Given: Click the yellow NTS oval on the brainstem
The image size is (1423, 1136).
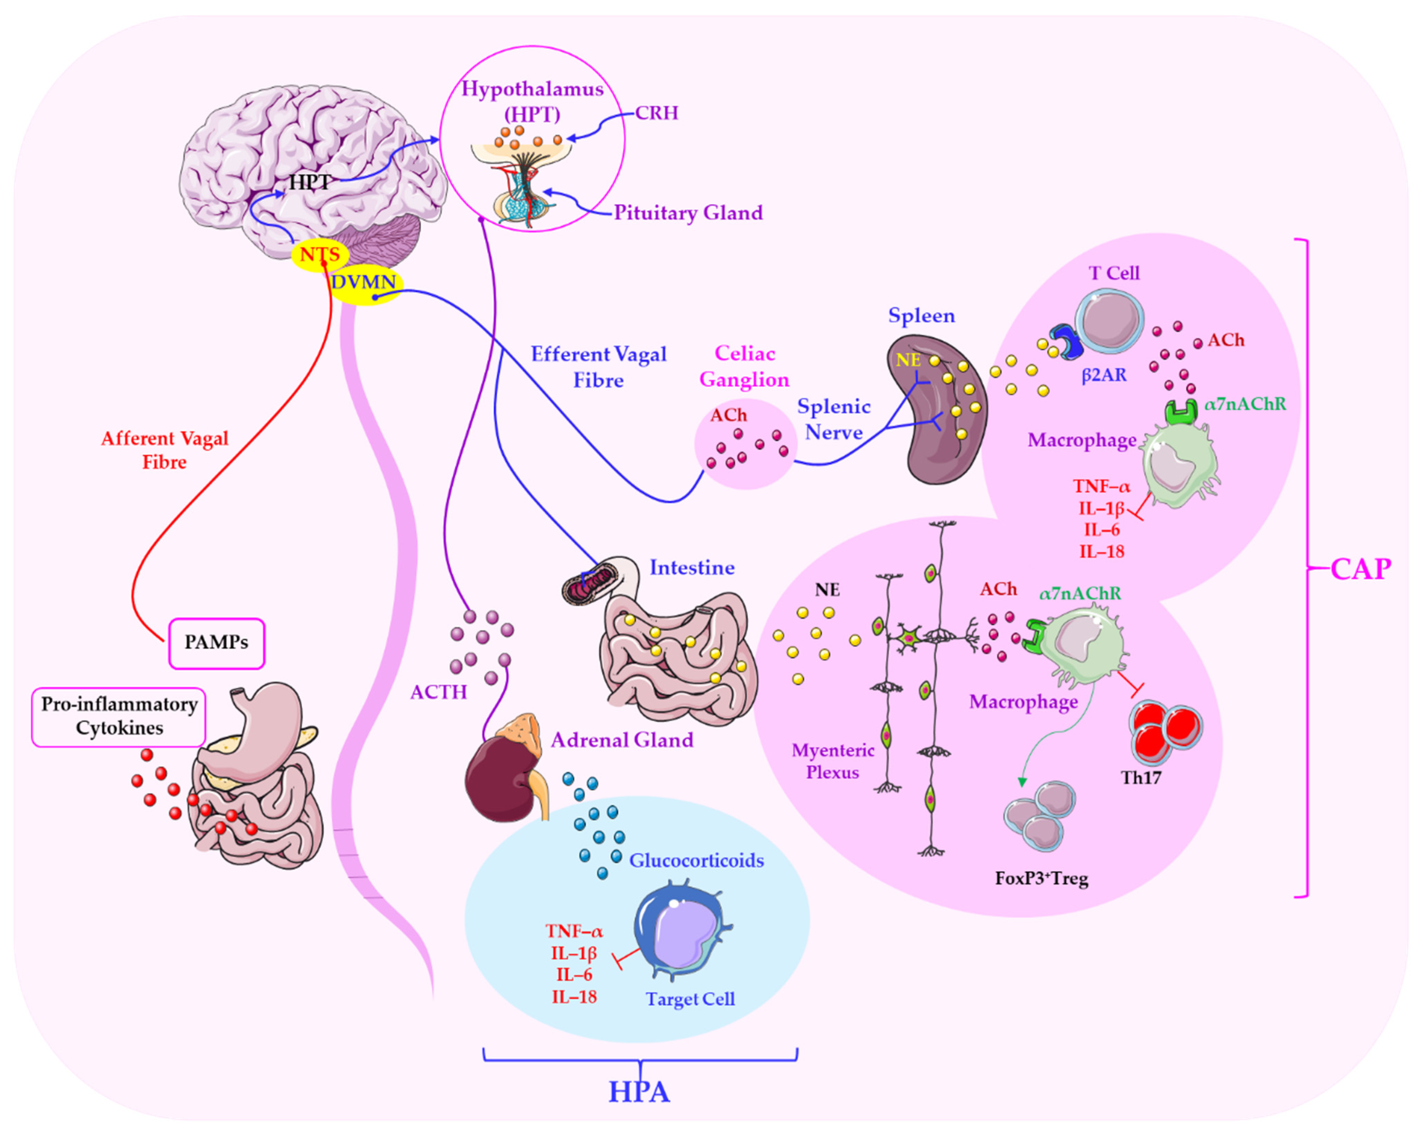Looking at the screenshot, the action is tap(320, 255).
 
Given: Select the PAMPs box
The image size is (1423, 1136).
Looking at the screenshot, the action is tap(216, 643).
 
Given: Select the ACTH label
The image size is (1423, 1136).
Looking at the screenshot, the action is tap(438, 692).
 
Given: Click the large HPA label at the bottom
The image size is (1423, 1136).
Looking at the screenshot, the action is tap(639, 1092).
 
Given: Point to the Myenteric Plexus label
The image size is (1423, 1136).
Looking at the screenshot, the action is tap(833, 761).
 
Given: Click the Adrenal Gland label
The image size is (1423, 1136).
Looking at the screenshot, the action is tap(622, 740).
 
